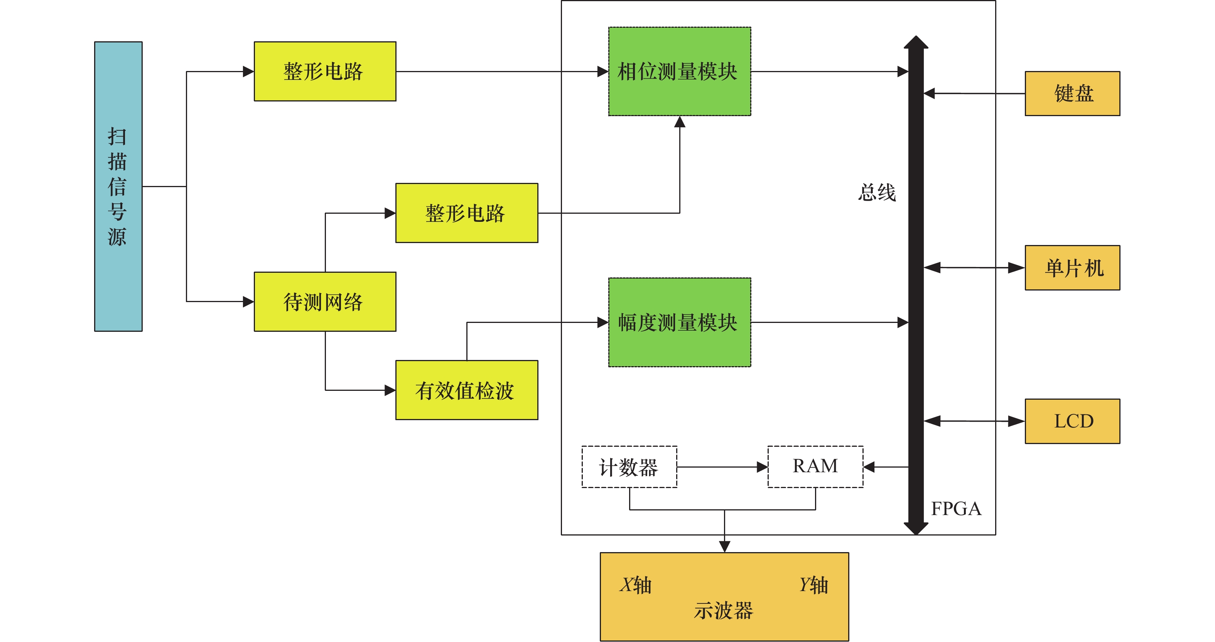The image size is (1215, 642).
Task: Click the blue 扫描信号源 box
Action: click(118, 186)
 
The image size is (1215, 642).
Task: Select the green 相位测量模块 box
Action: click(679, 71)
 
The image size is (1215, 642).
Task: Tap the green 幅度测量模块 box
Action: click(679, 322)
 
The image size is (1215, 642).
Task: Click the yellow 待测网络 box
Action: click(325, 301)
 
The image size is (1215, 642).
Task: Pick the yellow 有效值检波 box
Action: click(466, 390)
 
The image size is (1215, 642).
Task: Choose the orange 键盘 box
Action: click(1072, 93)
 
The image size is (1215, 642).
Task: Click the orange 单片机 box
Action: click(1072, 267)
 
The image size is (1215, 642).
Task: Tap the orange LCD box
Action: click(1072, 421)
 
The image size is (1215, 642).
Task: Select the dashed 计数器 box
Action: click(629, 466)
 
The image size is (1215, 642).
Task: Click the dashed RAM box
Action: click(815, 466)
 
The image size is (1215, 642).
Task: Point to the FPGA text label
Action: click(956, 509)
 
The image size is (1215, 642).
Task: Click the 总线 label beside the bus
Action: click(877, 193)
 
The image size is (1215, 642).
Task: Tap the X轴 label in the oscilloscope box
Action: click(635, 585)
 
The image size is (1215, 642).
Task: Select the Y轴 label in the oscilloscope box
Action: click(813, 585)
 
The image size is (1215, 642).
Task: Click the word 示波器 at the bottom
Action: click(724, 610)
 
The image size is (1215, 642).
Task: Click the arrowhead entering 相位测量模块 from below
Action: click(680, 122)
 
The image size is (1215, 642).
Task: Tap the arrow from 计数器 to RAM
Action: click(722, 467)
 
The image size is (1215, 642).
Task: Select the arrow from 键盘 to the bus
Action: click(974, 93)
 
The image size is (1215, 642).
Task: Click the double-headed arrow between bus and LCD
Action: click(974, 421)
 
